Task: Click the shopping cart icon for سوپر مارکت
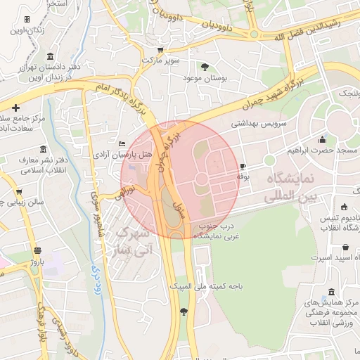coord(160,50)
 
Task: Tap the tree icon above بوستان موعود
coord(205,67)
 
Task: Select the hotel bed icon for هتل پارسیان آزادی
coord(122,144)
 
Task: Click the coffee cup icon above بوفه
coord(243,166)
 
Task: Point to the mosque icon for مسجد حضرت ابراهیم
coord(322,139)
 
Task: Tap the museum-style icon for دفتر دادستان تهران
coord(49,56)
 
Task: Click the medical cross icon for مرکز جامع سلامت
coord(16,107)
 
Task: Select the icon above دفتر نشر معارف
coord(44,150)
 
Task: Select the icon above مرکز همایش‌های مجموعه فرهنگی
coord(331,292)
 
